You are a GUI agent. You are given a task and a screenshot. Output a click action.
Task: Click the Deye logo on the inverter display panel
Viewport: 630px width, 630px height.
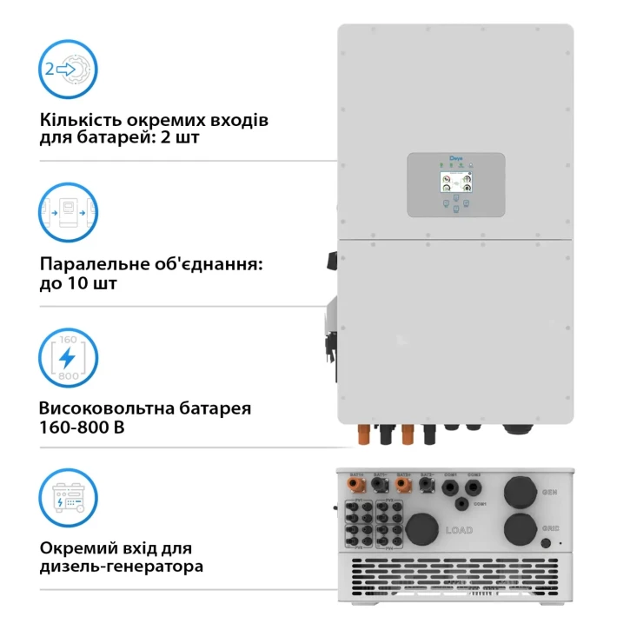(x=456, y=160)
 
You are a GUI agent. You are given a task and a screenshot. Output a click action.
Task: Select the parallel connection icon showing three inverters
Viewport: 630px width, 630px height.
(x=69, y=211)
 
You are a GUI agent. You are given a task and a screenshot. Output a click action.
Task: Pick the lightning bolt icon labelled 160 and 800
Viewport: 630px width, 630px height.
(x=69, y=357)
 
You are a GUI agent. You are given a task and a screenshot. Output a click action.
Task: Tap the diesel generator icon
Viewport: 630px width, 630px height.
(x=69, y=499)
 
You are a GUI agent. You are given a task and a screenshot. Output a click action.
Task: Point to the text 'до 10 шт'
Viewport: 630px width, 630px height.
(x=79, y=283)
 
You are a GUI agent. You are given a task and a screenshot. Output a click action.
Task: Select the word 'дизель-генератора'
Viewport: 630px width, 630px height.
(x=122, y=567)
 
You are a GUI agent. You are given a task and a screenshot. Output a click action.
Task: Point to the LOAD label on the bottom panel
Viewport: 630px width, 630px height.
(x=461, y=529)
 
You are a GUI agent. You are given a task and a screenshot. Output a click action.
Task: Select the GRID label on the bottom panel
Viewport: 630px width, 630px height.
(x=549, y=527)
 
